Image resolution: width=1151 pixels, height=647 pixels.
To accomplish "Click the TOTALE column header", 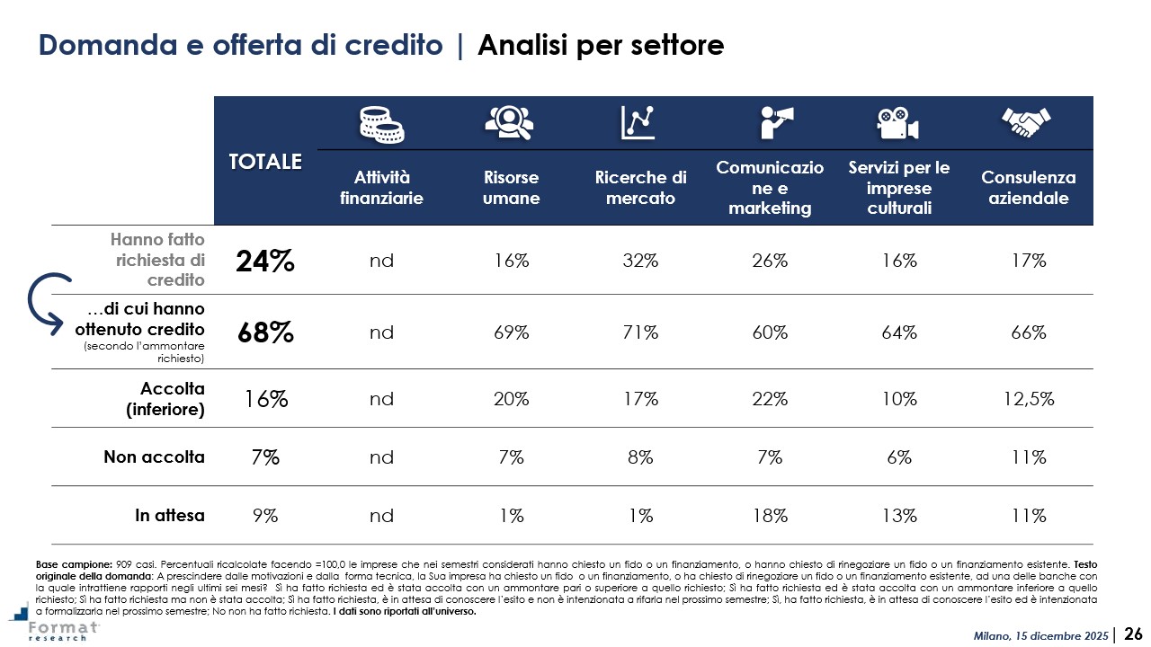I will pyautogui.click(x=265, y=162).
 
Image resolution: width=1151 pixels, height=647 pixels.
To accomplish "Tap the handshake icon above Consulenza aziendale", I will pyautogui.click(x=1027, y=122).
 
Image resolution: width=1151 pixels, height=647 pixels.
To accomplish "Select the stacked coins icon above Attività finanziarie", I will pyautogui.click(x=381, y=122).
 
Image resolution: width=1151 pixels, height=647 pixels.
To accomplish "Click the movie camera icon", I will pyautogui.click(x=897, y=123).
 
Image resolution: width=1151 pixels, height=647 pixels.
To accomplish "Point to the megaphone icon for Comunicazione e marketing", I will pyautogui.click(x=770, y=122).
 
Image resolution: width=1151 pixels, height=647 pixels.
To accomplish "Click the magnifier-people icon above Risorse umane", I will pyautogui.click(x=510, y=122).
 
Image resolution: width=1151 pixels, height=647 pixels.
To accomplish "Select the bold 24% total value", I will pyautogui.click(x=265, y=261).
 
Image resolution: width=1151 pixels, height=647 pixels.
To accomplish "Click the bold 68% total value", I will pyautogui.click(x=265, y=332).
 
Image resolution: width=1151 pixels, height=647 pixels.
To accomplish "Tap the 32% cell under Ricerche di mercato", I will pyautogui.click(x=640, y=261).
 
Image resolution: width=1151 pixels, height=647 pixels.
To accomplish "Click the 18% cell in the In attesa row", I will pyautogui.click(x=770, y=516).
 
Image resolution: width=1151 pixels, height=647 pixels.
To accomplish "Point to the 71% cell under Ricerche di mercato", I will pyautogui.click(x=640, y=332).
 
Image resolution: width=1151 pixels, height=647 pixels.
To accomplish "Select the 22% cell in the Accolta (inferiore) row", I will pyautogui.click(x=770, y=398).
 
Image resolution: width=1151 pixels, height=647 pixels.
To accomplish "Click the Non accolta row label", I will pyautogui.click(x=155, y=456).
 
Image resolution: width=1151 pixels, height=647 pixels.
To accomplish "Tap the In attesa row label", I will pyautogui.click(x=170, y=516).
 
